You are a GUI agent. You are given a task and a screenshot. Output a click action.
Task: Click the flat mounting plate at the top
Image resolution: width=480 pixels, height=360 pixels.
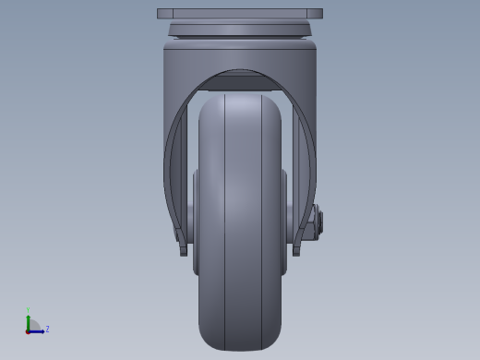[240, 14]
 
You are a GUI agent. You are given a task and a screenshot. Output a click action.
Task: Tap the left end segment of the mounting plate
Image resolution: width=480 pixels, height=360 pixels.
[164, 14]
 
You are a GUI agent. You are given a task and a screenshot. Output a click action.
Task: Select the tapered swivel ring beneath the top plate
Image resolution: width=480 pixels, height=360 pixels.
[240, 30]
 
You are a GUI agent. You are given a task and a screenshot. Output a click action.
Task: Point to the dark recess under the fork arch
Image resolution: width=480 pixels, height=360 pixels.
[240, 82]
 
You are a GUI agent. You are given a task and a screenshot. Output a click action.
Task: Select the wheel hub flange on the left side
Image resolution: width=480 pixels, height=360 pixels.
[196, 222]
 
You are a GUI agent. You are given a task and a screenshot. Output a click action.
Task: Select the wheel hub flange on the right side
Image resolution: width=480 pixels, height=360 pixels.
[284, 222]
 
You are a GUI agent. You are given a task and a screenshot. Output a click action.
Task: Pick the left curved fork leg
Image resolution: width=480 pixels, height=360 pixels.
[172, 166]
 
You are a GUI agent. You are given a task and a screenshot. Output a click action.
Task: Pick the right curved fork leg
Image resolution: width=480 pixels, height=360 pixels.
[308, 166]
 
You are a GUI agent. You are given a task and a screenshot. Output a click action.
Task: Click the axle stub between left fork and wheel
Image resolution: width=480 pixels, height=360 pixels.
[190, 222]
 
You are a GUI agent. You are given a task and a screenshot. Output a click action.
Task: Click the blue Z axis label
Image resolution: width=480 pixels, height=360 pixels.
[47, 329]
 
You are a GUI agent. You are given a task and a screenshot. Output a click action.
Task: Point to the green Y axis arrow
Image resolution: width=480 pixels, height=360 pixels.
[28, 321]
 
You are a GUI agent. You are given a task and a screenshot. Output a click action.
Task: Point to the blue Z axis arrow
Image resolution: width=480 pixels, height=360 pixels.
[39, 330]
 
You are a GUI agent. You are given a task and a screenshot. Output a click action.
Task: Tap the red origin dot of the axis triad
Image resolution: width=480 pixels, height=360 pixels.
[28, 330]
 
